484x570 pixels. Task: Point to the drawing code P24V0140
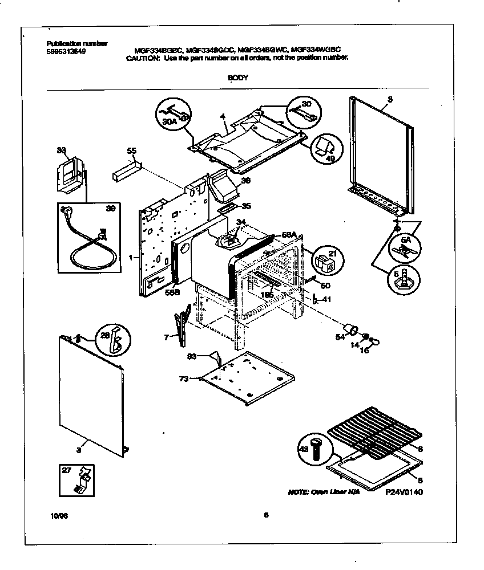(406, 492)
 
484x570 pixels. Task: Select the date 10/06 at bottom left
(58, 516)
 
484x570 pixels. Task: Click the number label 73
(184, 378)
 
